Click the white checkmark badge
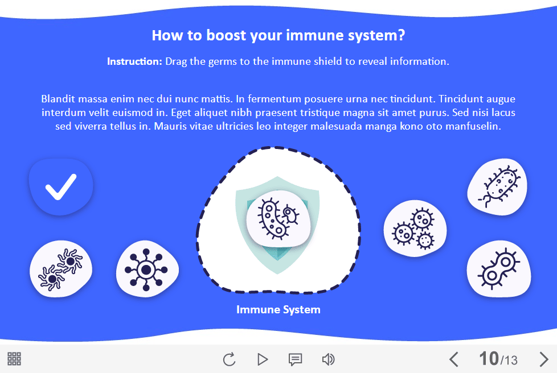click(x=61, y=186)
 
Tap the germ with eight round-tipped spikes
click(x=147, y=270)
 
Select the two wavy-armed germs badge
click(x=61, y=269)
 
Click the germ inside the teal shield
click(x=278, y=218)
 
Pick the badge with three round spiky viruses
click(x=415, y=229)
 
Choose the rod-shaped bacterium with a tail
click(x=497, y=187)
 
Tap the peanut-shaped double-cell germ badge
click(x=499, y=269)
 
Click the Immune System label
click(x=278, y=309)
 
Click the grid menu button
click(x=14, y=359)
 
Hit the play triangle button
click(x=263, y=359)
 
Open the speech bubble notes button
click(x=295, y=359)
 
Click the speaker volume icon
click(x=328, y=359)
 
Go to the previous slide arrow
click(x=453, y=359)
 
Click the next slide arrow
click(x=543, y=359)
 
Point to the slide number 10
click(x=489, y=358)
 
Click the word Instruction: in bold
click(x=134, y=61)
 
